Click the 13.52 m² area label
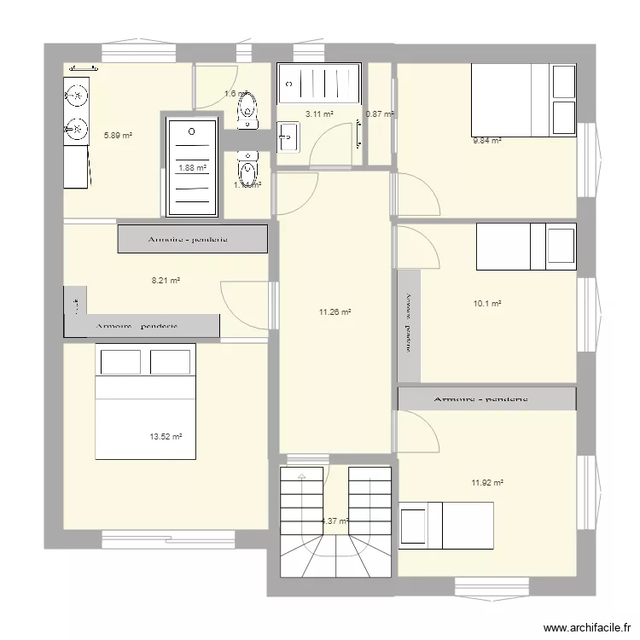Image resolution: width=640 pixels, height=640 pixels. coord(166,437)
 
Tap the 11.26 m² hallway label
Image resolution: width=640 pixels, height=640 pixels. coord(335,312)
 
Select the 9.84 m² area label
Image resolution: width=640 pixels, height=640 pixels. coord(487,141)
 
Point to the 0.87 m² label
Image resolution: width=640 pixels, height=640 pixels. coord(380,113)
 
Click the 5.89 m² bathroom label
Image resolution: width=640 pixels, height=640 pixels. coord(118,135)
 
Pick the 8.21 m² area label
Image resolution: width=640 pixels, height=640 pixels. coord(165,279)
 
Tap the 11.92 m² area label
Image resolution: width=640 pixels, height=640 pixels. coord(487,483)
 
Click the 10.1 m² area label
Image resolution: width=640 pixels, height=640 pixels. coord(486,303)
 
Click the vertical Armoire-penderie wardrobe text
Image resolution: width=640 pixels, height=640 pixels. coord(408,323)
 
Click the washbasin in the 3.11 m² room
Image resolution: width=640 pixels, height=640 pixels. coord(288,135)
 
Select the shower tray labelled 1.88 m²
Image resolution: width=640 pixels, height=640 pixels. coord(192,166)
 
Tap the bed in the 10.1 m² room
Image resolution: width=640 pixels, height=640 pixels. coord(526,246)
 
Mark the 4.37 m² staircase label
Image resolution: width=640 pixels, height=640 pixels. coord(335,521)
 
